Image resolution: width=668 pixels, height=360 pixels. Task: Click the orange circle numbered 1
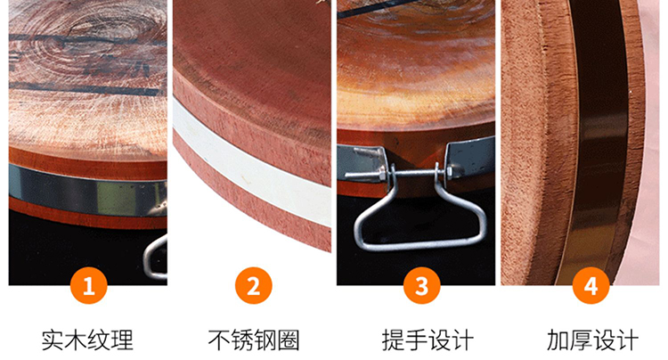[88, 285]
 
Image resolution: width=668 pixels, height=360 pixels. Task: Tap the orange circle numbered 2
[254, 285]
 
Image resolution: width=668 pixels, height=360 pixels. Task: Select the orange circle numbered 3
[422, 285]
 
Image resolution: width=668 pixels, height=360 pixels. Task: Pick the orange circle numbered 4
[591, 285]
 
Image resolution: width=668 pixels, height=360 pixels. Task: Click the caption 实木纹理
[87, 340]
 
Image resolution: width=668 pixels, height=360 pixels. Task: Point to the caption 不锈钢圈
[254, 340]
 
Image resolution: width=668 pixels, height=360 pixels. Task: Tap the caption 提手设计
[428, 340]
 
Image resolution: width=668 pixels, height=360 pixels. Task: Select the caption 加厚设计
[592, 340]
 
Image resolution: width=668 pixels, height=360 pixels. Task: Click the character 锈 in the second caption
[242, 340]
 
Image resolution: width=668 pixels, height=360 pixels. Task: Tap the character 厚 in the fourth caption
[581, 340]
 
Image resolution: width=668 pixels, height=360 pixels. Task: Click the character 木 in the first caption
[76, 340]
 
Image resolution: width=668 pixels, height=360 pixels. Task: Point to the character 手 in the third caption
[416, 340]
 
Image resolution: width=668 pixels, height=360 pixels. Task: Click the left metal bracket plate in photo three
[363, 163]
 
